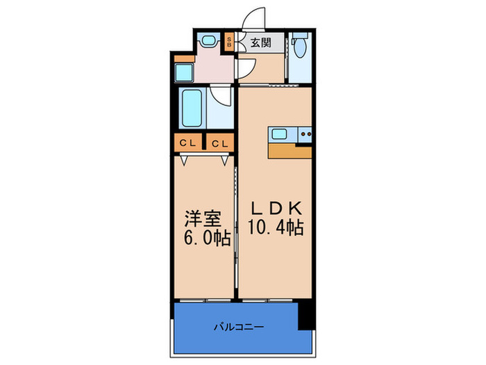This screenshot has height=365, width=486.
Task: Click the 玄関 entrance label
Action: click(261, 43)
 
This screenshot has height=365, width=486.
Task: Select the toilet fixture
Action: click(299, 47)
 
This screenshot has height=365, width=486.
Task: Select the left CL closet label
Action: click(187, 143)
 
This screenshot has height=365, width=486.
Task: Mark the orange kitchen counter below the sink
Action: click(290, 151)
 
